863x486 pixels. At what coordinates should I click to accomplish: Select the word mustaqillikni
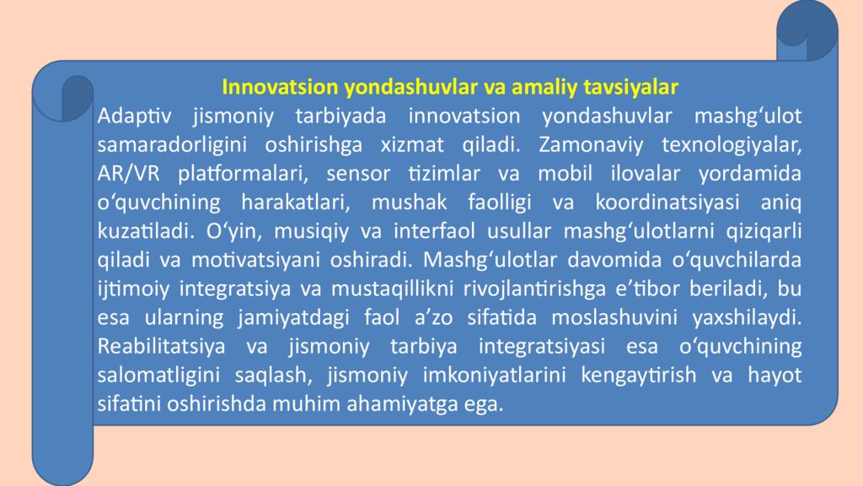[x=389, y=289]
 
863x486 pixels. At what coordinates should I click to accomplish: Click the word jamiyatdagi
[x=281, y=317]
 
